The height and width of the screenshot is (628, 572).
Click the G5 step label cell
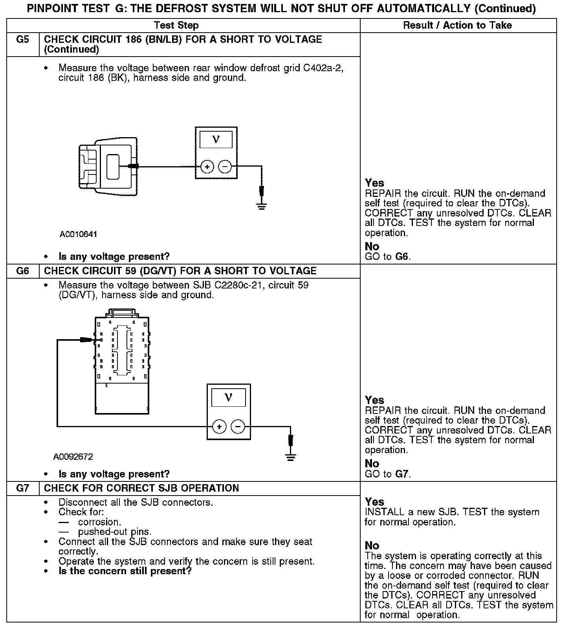(23, 40)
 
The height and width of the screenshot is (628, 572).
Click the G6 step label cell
(23, 271)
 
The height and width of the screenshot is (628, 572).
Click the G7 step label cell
(23, 488)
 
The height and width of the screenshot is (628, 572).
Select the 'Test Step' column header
(176, 26)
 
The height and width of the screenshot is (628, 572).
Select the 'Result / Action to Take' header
(457, 26)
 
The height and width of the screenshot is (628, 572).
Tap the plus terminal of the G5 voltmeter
(207, 167)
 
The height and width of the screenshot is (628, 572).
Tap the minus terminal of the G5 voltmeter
(225, 167)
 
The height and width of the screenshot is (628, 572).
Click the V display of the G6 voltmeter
(229, 398)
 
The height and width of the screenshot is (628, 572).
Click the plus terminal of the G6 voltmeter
(219, 426)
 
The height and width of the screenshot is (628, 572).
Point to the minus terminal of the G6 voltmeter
(238, 426)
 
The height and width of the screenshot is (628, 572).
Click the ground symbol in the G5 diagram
(262, 206)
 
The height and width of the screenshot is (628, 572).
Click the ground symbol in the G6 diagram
(291, 457)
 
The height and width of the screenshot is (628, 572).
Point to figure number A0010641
(78, 235)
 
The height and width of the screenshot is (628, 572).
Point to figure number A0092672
(73, 457)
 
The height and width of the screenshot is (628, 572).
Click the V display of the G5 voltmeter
(216, 139)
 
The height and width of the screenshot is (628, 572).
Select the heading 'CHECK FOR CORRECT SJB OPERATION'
(141, 488)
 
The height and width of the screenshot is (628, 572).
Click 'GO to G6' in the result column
(387, 257)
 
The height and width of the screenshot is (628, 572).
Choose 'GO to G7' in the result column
(387, 474)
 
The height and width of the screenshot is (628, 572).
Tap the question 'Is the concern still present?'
(125, 571)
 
